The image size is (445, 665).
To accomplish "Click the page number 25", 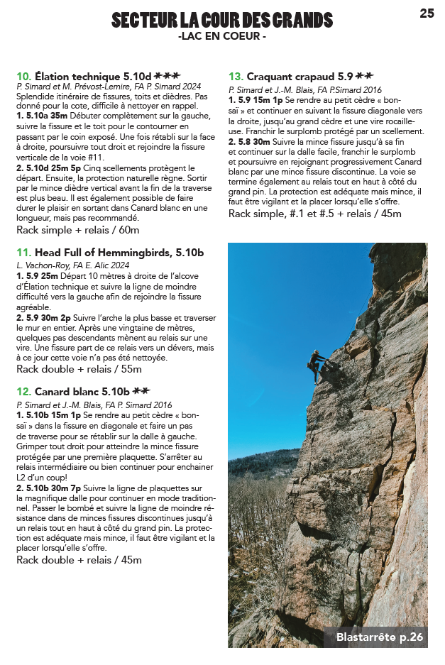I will pos(427,13).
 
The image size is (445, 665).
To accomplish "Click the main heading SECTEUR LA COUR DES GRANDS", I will pos(222,20).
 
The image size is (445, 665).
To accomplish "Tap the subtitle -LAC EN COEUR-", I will pos(222,35).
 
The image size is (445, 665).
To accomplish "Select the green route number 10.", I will pos(23,75).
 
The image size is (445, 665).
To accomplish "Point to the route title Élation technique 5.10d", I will pos(93,75).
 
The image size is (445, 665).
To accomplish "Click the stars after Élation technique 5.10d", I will pos(167,75).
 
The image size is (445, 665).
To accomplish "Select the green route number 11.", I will pos(23,252).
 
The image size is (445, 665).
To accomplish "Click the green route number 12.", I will pos(23,391).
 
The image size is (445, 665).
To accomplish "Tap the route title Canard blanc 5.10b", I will pos(82,391).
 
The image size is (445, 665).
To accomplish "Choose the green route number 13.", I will pos(236,76).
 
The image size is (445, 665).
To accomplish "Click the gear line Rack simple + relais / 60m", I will pos(78,230).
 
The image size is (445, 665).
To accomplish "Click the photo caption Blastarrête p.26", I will pos(380,637).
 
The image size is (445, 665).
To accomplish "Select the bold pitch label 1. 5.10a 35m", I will pos(42,114).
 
